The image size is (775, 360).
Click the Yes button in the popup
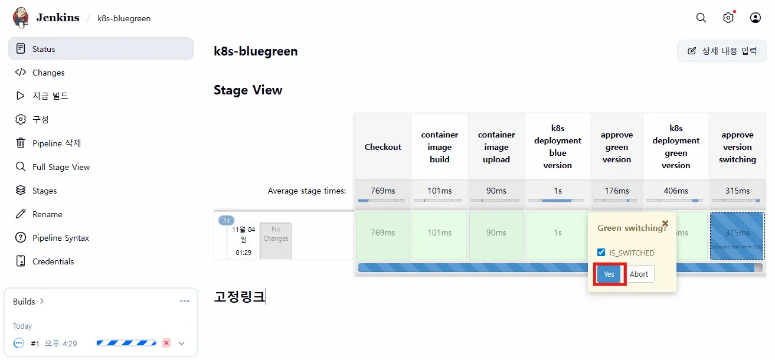609,274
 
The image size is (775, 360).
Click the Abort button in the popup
639,274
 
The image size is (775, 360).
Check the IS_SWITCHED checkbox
601,253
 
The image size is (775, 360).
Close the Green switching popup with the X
665,224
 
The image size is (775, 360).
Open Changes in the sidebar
48,73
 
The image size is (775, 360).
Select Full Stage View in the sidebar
61,167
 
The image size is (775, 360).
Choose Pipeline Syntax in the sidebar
61,238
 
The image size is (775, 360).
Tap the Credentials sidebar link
53,261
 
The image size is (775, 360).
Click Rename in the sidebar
47,214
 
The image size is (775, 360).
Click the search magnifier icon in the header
701,18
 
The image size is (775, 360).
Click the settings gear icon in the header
728,18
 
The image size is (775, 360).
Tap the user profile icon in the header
756,18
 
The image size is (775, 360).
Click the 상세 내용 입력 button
722,51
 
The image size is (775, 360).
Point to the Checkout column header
382,147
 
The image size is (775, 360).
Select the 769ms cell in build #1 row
382,233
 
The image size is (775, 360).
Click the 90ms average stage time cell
496,191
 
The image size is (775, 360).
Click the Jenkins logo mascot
21,17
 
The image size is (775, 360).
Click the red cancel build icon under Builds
166,343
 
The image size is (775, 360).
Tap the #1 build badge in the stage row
227,221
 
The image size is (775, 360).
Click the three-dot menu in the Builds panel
185,302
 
